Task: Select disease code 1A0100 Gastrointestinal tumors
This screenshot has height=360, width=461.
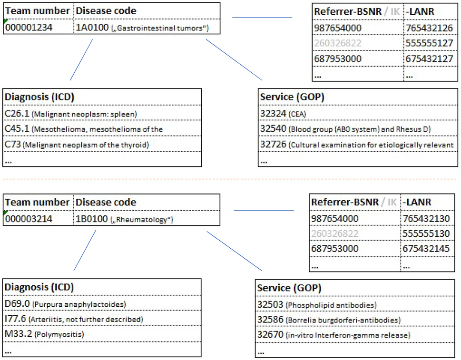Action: (x=142, y=28)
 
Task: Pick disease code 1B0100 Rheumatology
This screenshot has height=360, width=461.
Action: (x=124, y=219)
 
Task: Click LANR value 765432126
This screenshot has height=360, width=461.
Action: (x=430, y=28)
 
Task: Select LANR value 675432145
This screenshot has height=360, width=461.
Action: (x=426, y=249)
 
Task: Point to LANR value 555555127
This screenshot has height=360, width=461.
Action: (x=430, y=43)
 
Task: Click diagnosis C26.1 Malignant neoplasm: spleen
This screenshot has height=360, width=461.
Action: (x=70, y=114)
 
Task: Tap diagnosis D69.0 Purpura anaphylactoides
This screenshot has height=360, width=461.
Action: (x=65, y=304)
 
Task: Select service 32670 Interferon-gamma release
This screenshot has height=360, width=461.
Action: (x=333, y=335)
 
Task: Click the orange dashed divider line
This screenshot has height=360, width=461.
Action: (x=230, y=179)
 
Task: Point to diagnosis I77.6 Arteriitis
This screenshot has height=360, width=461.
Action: (x=74, y=319)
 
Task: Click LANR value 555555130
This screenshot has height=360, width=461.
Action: (x=426, y=234)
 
